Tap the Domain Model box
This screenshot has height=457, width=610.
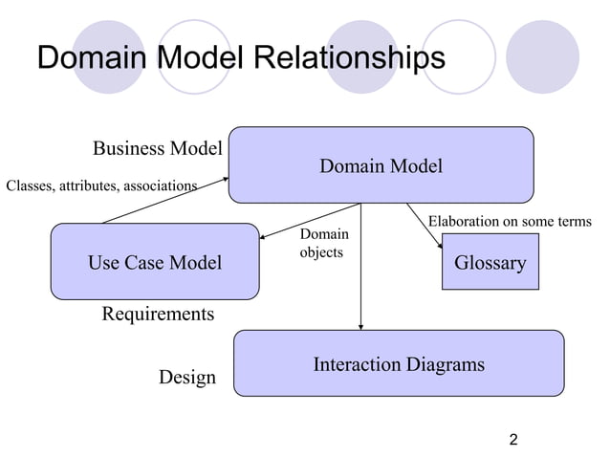coord(381,165)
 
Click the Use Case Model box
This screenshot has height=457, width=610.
coord(154,262)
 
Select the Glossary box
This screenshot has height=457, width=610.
coord(490,263)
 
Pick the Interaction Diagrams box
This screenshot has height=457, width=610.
coord(399,363)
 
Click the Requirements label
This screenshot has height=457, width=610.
coord(158,314)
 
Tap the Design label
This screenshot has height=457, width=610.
coord(186,377)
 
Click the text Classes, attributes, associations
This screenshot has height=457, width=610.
coord(101,185)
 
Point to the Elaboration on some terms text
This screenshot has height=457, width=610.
coord(510,222)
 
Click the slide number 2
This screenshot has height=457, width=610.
coord(513,440)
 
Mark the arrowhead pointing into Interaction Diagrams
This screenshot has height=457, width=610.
coord(360,326)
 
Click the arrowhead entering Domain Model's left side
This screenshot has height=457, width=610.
coord(225,177)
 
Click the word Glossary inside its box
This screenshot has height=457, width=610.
coord(490,263)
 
